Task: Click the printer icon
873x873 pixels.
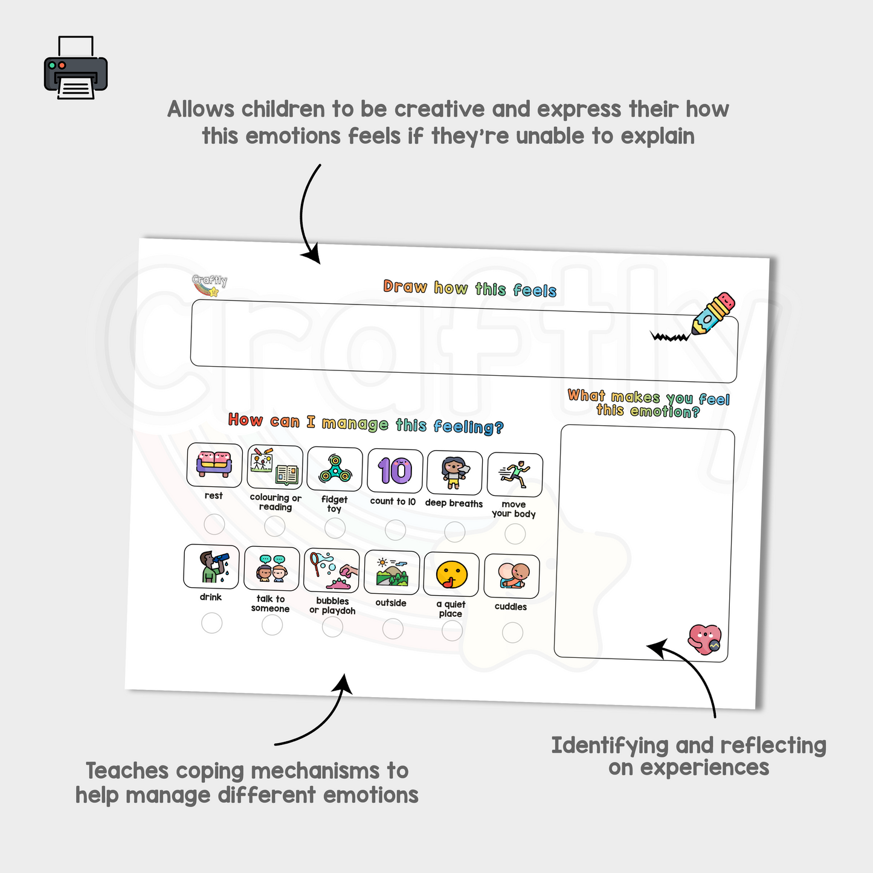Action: (76, 68)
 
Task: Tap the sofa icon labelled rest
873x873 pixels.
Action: (214, 465)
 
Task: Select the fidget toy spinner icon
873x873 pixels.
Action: (335, 469)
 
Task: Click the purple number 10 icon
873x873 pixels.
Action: (395, 471)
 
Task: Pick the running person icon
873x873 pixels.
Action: (515, 475)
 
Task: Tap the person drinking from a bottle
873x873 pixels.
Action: (213, 567)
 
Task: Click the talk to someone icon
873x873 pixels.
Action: (272, 569)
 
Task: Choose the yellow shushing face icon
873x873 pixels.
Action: (451, 575)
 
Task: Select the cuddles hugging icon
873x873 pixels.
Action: (513, 576)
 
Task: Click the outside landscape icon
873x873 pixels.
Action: (392, 572)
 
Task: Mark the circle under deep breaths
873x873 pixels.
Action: (454, 532)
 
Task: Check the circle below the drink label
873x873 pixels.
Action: (211, 623)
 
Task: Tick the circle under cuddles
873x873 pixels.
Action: (512, 633)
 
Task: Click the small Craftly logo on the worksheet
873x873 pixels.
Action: (209, 285)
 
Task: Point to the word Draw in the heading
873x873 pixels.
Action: (405, 286)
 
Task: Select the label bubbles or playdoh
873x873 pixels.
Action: (332, 606)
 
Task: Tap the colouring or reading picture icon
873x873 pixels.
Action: (274, 466)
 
